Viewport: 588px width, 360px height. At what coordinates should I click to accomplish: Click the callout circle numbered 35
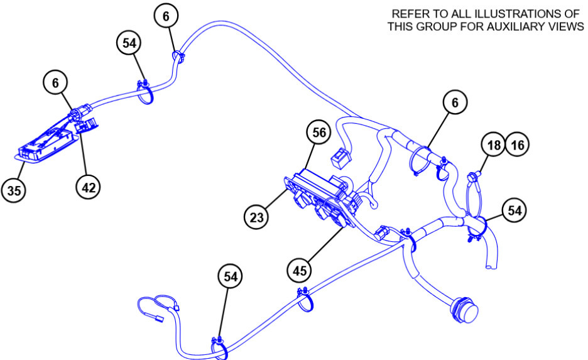tap(14, 190)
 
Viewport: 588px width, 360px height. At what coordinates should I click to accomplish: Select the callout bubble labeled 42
tap(89, 186)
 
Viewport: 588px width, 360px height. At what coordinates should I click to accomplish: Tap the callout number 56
tap(319, 133)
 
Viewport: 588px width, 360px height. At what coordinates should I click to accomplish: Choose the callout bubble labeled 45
tap(299, 270)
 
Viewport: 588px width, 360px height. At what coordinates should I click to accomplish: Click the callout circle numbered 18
tap(494, 145)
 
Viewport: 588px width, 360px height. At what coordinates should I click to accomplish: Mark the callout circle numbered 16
tap(518, 145)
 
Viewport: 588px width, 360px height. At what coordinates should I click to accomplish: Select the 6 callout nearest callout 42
tap(55, 82)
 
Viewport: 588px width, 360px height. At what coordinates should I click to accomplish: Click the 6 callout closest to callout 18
tap(455, 103)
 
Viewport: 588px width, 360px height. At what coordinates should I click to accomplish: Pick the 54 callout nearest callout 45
tap(231, 276)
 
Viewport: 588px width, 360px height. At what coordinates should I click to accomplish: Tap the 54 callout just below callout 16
tap(514, 211)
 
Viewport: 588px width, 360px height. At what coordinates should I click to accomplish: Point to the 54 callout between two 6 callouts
tap(129, 43)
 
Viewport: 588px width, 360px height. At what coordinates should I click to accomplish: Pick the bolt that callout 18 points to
tap(477, 173)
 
